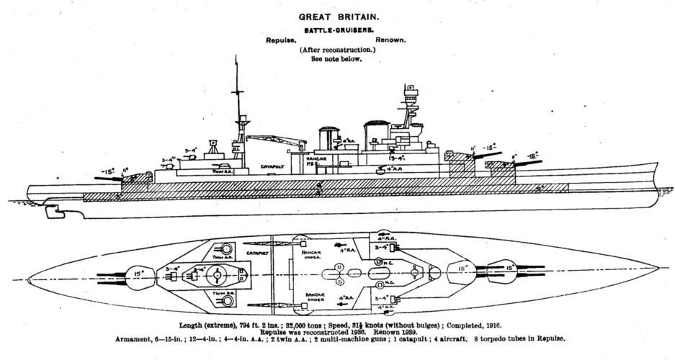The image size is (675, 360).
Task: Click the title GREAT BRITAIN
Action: point(337,15)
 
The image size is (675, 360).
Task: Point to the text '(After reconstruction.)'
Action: point(337,51)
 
